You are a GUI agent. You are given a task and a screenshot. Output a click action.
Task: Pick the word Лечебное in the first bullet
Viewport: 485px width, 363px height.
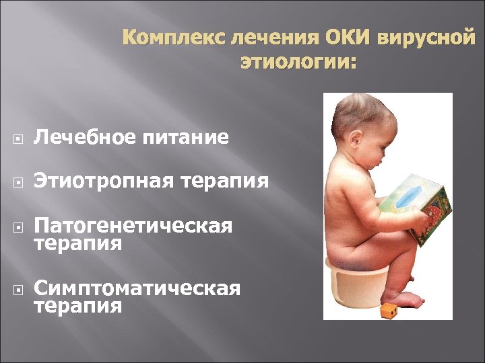click(84, 138)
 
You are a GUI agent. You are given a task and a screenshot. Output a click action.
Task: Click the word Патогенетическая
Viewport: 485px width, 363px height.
click(133, 225)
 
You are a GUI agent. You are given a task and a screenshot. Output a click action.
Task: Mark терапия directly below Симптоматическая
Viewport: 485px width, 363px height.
click(78, 307)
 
